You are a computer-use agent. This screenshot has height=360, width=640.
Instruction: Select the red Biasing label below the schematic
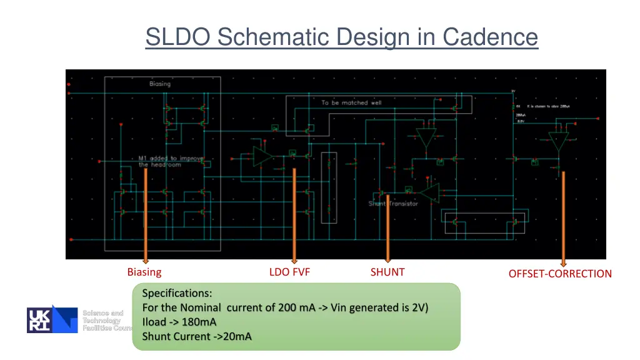click(x=144, y=272)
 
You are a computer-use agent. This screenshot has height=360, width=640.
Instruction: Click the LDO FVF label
click(x=289, y=272)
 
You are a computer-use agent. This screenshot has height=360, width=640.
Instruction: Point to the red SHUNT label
click(x=387, y=272)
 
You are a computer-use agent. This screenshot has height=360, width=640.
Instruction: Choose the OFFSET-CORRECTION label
click(x=560, y=274)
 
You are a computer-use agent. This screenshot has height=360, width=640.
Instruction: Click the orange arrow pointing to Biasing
click(x=146, y=216)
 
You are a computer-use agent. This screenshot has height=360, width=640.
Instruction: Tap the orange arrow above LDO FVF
click(x=294, y=216)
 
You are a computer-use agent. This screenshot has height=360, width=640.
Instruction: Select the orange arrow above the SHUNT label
click(x=387, y=228)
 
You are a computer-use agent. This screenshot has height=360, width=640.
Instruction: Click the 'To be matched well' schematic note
click(x=351, y=102)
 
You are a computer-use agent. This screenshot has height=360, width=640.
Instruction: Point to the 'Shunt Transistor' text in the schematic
click(x=393, y=204)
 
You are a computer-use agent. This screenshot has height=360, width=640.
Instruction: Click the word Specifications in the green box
click(x=177, y=293)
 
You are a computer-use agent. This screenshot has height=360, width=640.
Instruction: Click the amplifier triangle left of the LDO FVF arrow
click(x=262, y=156)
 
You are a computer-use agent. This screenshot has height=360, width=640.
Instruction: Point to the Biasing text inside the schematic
click(x=160, y=84)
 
